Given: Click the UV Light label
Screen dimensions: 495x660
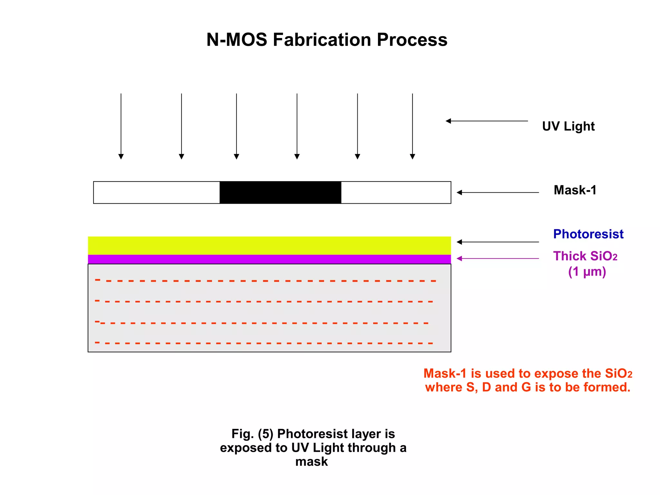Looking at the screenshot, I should (568, 126).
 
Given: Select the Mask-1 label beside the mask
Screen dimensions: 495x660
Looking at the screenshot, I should (575, 190).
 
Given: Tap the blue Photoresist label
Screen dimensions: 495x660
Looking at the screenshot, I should (588, 234).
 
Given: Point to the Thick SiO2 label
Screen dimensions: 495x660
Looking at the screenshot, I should (585, 256).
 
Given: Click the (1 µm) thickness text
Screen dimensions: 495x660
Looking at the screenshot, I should (587, 272).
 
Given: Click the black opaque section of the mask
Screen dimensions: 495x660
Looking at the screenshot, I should (280, 192).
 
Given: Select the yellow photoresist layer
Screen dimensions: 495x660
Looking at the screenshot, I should (269, 245).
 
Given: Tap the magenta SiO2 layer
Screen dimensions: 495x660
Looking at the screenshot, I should (269, 259).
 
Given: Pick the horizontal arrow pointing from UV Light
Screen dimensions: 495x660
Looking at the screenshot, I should (487, 121).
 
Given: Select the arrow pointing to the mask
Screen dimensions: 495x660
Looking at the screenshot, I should (498, 192).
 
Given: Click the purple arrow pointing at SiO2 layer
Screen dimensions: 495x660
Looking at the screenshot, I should (498, 258).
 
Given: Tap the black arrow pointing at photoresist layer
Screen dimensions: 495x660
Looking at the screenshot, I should (498, 242).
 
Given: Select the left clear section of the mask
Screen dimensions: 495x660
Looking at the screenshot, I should (157, 192).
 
